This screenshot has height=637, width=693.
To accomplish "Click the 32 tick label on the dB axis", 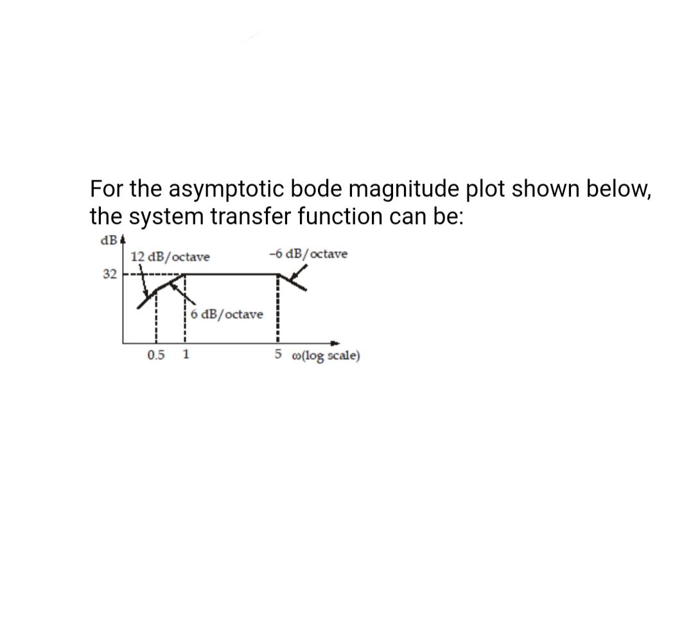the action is pos(109,274).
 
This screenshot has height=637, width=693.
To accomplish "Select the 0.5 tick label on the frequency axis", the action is pos(155,354).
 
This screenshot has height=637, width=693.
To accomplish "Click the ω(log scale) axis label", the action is pos(326,356).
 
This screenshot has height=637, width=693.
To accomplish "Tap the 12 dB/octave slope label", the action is pos(170,257).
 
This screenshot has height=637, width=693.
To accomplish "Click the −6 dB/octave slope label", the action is pos(308,254).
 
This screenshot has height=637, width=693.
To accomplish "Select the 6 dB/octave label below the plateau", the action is pos(227,314).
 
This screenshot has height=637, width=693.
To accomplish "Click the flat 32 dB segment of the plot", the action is pos(231,274).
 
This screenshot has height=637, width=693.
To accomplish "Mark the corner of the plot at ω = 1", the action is pos(186,274).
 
